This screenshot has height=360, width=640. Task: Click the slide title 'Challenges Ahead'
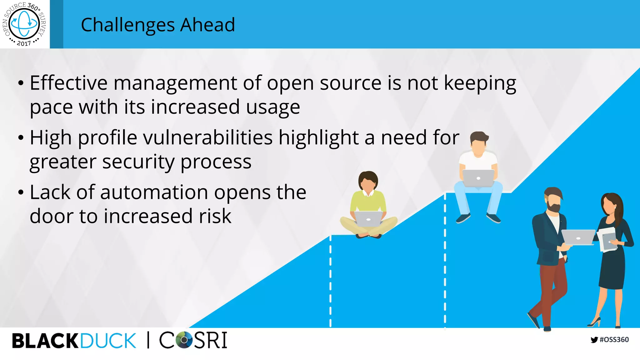coord(158,25)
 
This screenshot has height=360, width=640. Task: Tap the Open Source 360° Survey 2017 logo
coord(24,24)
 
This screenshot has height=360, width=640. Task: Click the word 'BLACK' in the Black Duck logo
coord(45,341)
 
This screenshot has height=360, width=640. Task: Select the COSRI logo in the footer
coord(193,340)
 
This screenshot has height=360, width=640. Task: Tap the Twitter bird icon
coord(594,340)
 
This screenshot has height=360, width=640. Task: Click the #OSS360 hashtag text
coord(614,340)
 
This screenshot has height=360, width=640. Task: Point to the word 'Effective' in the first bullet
coord(69,83)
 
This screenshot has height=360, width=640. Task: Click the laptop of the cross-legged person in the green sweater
coord(368,218)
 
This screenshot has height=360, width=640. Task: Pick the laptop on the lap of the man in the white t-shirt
coord(478,178)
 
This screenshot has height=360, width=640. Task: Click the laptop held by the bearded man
coord(578,237)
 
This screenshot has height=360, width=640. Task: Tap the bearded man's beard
coord(554,207)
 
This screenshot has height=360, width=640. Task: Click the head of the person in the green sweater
coord(368,181)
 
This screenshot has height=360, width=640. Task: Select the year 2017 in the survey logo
coord(24,43)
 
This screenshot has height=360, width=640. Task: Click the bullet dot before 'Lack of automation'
coord(21,192)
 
